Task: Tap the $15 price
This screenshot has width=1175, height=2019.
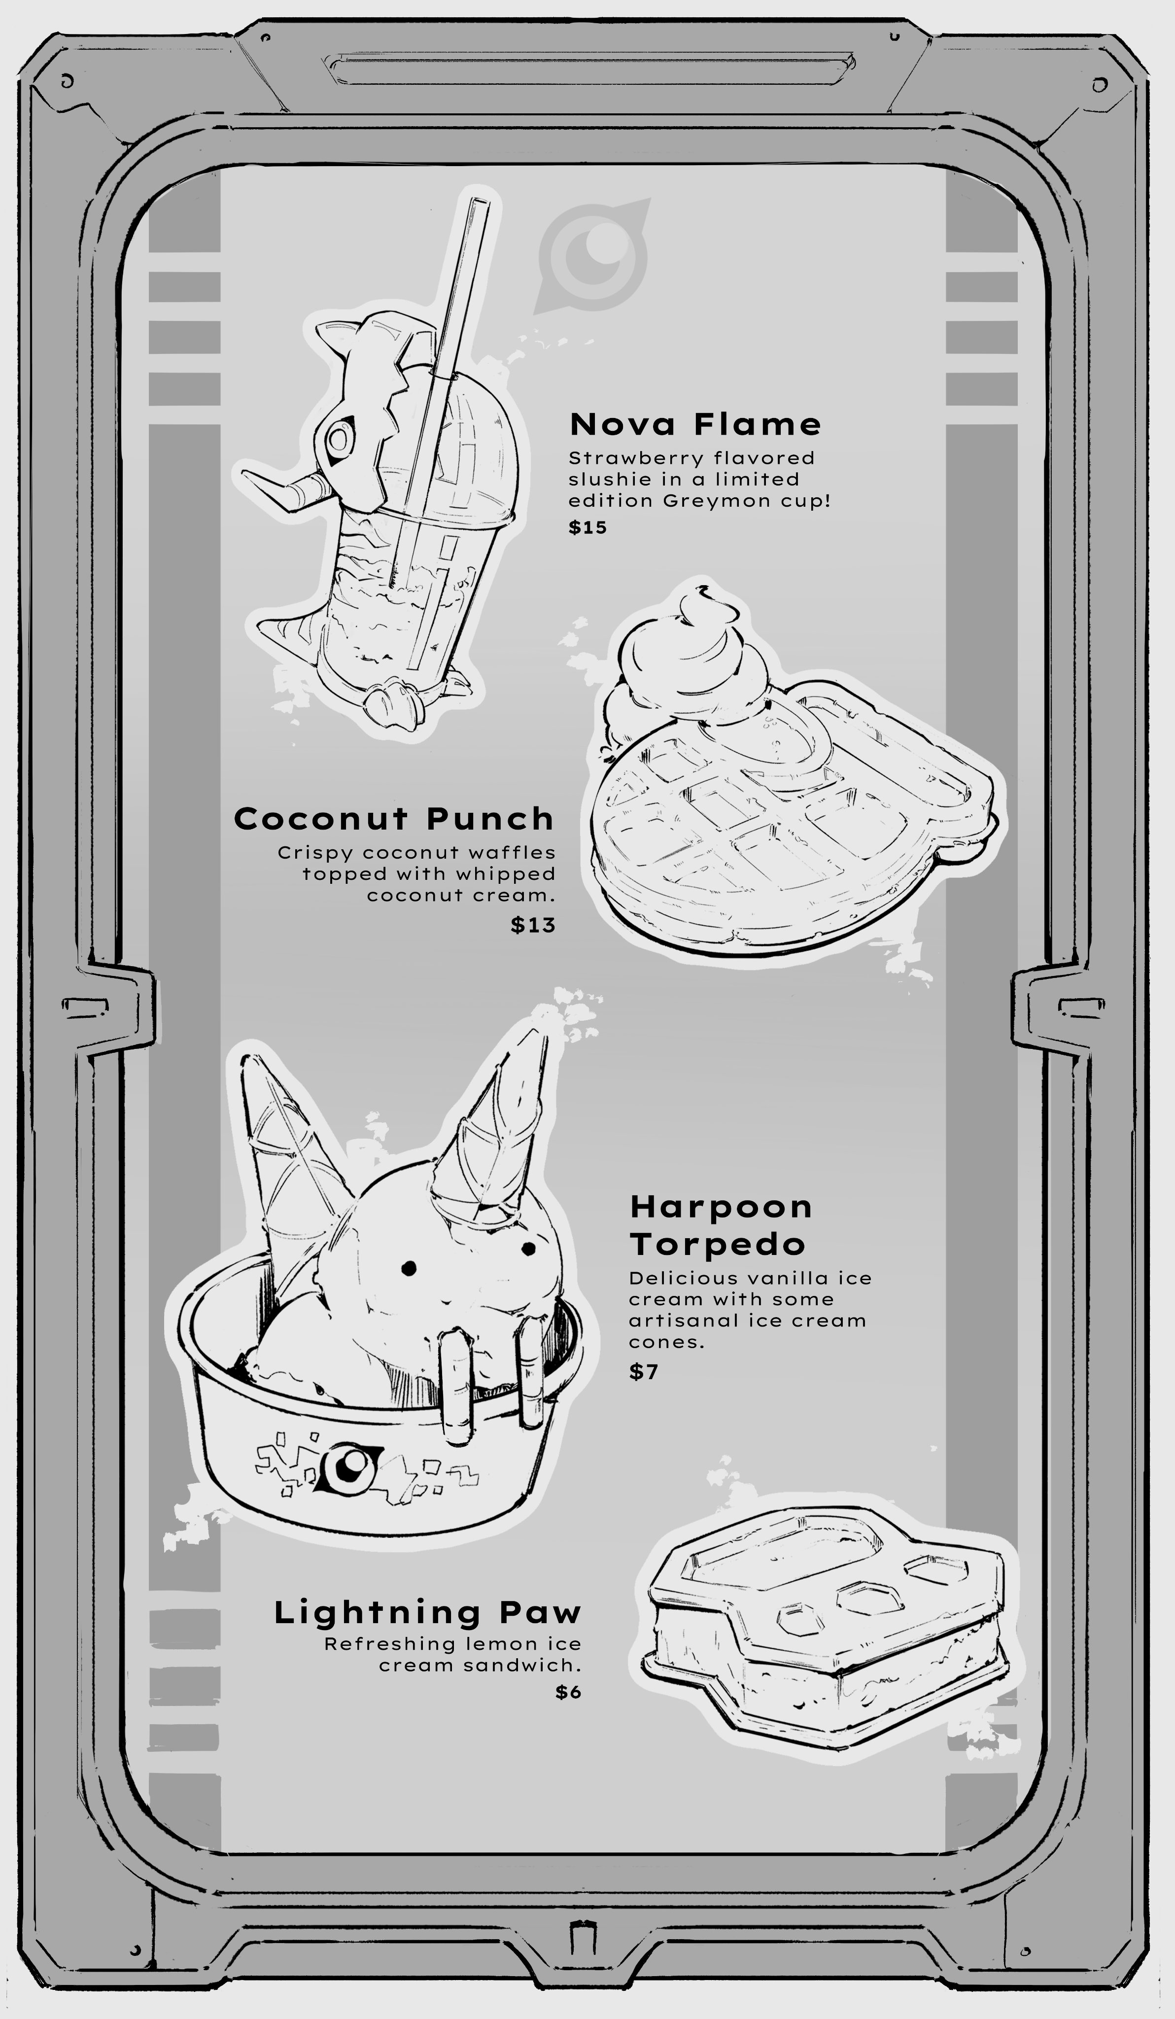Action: pos(588,527)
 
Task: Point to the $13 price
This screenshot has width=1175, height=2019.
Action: pos(533,925)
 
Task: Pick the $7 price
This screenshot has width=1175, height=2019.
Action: pos(643,1372)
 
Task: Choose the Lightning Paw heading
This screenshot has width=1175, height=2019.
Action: pos(427,1613)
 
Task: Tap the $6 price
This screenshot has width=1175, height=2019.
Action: pos(568,1692)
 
